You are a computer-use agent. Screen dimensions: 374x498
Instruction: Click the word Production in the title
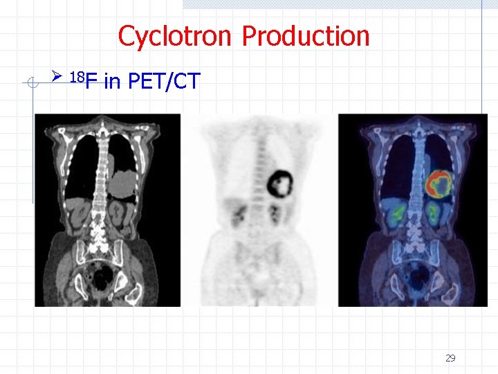(x=306, y=36)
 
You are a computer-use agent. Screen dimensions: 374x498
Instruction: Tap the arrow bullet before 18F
(x=58, y=75)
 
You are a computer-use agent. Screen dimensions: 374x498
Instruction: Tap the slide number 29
(x=450, y=358)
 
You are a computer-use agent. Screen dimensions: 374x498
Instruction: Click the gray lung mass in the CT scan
(x=125, y=181)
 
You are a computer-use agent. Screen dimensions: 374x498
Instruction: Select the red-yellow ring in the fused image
(x=439, y=184)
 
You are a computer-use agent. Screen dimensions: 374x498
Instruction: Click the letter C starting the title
(x=126, y=36)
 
